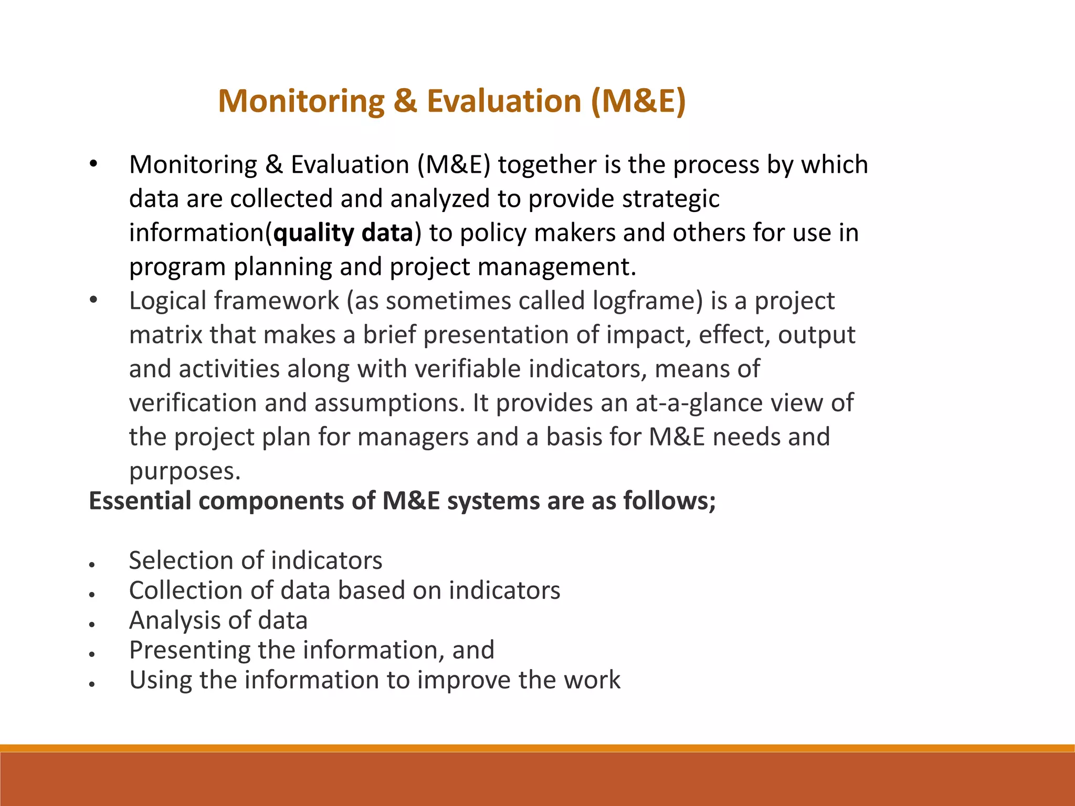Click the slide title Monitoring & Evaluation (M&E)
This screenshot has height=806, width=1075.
coord(451,101)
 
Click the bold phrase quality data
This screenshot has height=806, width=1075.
coord(343,233)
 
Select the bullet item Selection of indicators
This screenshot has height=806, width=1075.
coord(256,560)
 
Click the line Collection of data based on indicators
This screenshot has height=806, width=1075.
coord(344,590)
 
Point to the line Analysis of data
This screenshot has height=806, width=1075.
coord(218,620)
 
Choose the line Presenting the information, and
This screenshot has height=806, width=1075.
coord(312,650)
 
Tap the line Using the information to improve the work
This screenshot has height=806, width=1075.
coord(375,680)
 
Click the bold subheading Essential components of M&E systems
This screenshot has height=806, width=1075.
coord(402,501)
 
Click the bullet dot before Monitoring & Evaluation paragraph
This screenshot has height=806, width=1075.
coord(93,164)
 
